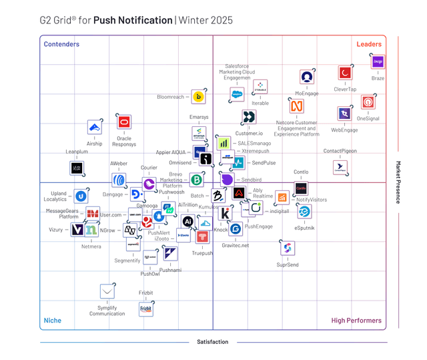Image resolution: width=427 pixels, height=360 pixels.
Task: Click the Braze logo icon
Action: click(x=378, y=62)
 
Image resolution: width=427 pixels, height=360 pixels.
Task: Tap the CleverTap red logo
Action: click(x=345, y=72)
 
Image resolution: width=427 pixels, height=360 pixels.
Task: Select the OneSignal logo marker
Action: click(x=368, y=102)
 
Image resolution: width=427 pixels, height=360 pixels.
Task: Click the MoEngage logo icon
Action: click(x=306, y=77)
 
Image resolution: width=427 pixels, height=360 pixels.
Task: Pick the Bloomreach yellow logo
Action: click(x=198, y=97)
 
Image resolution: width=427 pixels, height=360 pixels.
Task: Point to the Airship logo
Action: click(x=95, y=127)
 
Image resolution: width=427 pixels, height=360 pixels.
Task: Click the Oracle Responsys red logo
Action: click(x=123, y=122)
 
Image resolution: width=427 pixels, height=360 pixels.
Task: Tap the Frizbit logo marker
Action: click(x=145, y=309)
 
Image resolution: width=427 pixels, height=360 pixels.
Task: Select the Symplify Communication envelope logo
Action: click(x=107, y=291)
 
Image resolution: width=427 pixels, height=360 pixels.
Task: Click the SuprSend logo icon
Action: click(x=288, y=248)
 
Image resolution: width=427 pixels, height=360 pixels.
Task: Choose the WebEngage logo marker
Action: click(x=344, y=114)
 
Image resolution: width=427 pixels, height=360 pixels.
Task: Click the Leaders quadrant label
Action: click(x=369, y=45)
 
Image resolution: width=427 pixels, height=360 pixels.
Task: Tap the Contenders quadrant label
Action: click(x=61, y=45)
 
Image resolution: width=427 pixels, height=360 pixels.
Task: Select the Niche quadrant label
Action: click(x=52, y=321)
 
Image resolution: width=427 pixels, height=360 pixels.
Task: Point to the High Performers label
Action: click(x=356, y=321)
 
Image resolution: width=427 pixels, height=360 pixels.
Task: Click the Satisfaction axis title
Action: click(x=212, y=342)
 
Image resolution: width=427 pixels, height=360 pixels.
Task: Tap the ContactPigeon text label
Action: click(x=340, y=151)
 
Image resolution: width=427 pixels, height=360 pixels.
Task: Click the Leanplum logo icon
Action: click(x=77, y=168)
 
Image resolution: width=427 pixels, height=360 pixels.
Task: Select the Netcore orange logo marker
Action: click(x=296, y=106)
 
